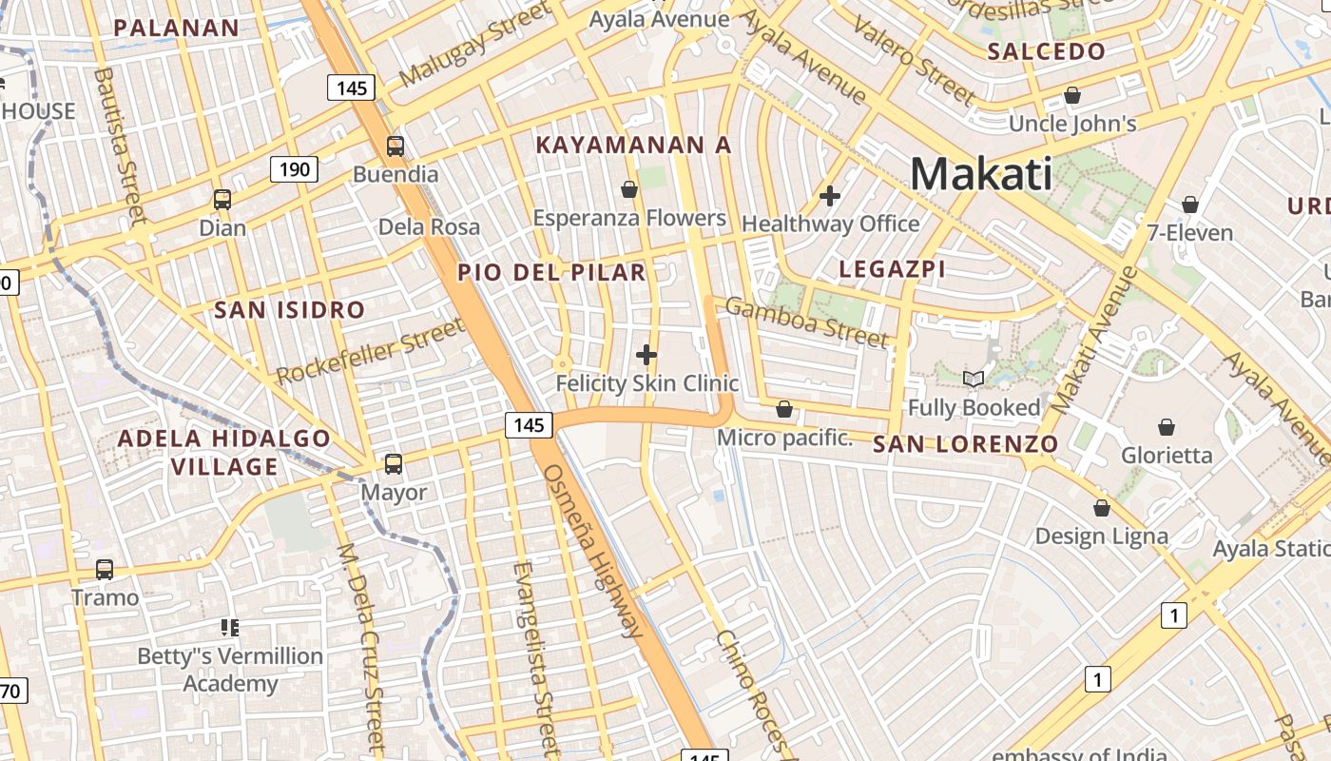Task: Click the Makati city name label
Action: [981, 175]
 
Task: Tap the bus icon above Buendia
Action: [395, 146]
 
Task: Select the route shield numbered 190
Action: [295, 169]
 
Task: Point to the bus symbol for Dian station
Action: [222, 200]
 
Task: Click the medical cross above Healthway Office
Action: [830, 196]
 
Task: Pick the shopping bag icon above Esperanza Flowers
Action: [628, 189]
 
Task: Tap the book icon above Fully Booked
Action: [973, 380]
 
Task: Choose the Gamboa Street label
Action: [806, 321]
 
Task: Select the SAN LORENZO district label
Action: [965, 443]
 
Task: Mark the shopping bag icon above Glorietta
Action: [1167, 427]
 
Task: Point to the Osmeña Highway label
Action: [591, 551]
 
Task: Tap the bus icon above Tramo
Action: [105, 570]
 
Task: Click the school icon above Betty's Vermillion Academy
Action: [229, 627]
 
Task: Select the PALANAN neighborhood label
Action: [177, 28]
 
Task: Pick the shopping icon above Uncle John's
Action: [1072, 95]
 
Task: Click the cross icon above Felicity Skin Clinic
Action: [646, 355]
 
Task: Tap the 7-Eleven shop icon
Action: [1189, 205]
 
